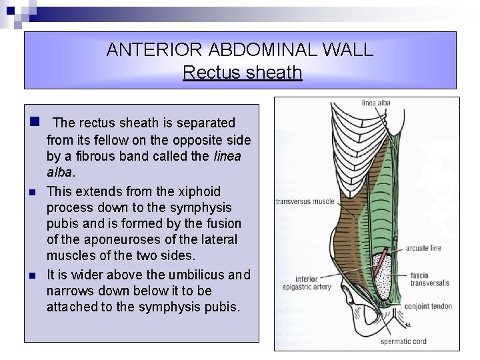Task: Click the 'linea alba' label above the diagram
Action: click(x=376, y=103)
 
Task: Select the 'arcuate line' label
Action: click(x=423, y=248)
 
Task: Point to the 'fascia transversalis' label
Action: click(x=429, y=279)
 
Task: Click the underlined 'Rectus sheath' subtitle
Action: click(x=242, y=72)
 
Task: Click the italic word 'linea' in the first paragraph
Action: click(x=227, y=156)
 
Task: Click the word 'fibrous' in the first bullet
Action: click(x=85, y=156)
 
